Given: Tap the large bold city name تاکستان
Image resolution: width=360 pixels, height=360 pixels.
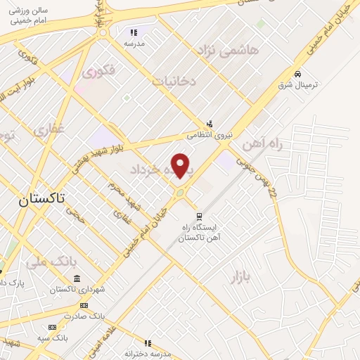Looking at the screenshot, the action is (x=41, y=199).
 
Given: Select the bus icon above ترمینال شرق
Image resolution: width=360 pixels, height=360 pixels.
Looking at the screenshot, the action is (x=298, y=73).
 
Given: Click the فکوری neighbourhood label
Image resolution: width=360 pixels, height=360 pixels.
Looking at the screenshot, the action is (x=98, y=72).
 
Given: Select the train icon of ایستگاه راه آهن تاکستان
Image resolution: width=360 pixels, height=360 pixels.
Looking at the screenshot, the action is (x=199, y=217).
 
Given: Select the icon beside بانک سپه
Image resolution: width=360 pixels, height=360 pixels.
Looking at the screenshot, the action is (x=51, y=328).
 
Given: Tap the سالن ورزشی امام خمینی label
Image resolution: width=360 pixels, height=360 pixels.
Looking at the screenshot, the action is (x=28, y=17).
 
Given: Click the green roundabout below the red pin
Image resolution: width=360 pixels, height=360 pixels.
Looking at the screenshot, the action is (x=181, y=193).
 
